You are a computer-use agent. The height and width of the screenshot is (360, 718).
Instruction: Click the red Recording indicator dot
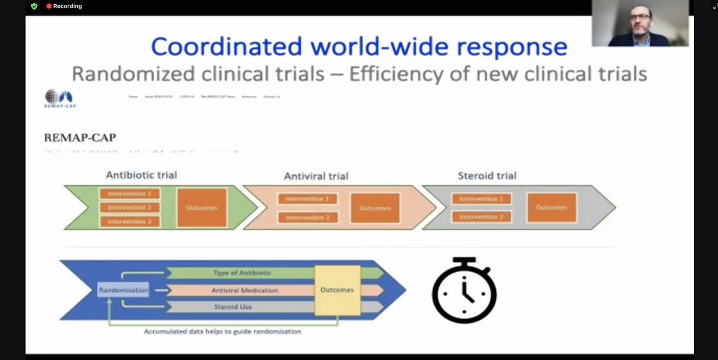coord(49,6)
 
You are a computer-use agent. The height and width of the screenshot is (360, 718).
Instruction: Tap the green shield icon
coord(34,6)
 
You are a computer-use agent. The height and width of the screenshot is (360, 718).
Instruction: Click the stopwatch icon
coord(464,291)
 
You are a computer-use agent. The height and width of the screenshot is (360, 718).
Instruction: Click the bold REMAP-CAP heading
coord(80,138)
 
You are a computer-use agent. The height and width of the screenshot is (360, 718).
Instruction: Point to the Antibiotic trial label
coord(141,175)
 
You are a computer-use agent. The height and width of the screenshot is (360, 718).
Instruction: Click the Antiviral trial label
coord(316,176)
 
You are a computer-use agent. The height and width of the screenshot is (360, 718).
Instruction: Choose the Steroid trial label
coord(486,176)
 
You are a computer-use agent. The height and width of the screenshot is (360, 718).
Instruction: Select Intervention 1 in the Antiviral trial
coord(308,199)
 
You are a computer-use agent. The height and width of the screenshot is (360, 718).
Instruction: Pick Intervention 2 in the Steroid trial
coord(481,216)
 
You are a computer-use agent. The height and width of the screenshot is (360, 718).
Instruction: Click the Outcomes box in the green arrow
coord(202,208)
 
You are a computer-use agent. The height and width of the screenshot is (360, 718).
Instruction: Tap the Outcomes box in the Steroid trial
coord(551,208)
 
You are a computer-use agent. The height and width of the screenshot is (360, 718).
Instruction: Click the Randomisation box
coord(124,290)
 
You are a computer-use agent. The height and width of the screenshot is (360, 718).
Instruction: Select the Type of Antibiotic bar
coord(242,273)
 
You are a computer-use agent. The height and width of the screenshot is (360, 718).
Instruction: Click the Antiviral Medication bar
coord(244,290)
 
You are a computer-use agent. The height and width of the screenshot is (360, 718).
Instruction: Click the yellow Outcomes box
coord(337,290)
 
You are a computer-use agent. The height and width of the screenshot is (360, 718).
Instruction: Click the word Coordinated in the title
coord(227,47)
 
